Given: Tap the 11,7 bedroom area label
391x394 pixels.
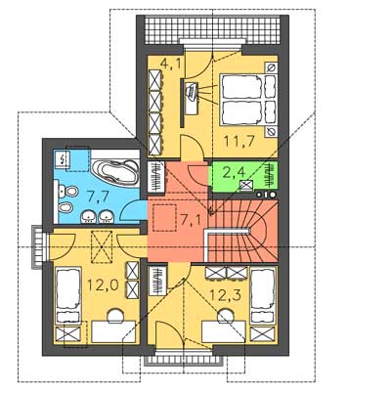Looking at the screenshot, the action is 239,141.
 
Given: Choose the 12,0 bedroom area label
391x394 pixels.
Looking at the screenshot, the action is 103,285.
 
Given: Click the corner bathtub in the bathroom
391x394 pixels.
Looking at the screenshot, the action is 114,171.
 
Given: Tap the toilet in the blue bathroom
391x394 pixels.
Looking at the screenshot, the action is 68,192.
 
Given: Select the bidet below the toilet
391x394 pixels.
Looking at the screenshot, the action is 66,206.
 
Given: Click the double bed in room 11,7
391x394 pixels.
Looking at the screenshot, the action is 248,100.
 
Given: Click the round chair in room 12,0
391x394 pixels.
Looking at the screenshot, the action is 115,316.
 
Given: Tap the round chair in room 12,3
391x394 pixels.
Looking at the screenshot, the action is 226,316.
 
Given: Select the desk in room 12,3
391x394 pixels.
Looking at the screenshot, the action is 224,331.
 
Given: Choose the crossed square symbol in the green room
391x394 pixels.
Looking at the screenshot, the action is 244,185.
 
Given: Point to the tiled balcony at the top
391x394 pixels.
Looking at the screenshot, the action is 212,29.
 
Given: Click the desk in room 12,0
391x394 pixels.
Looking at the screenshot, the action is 113,331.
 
